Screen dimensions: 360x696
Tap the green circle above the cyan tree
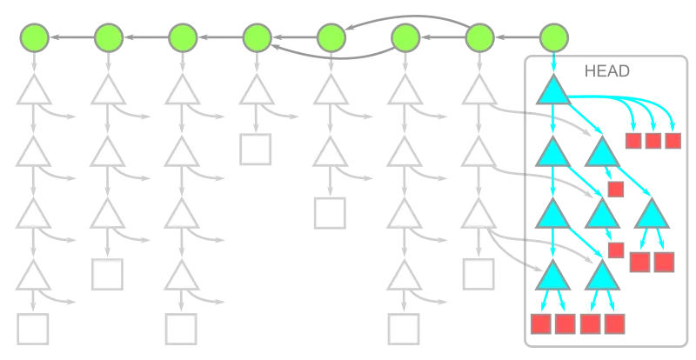pos(554,37)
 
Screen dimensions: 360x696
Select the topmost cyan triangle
pos(554,91)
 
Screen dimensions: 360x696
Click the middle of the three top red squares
pos(652,140)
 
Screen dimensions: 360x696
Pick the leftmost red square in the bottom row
pos(541,324)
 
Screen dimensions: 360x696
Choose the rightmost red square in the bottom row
pos(615,324)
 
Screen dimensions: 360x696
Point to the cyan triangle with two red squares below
pos(652,216)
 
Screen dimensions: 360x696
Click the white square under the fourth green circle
pos(256,150)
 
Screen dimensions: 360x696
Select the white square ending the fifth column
pos(330,211)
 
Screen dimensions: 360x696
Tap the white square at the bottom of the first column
pos(34,331)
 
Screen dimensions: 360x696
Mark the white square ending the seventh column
pos(477,273)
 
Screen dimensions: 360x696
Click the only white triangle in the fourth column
pos(256,93)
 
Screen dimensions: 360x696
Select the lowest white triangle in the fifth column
pos(330,154)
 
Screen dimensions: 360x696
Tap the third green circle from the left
pos(182,37)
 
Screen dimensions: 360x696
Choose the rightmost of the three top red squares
pos(672,140)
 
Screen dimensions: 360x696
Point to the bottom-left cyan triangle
pos(553,277)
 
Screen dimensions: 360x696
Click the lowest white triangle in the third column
pos(182,277)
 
